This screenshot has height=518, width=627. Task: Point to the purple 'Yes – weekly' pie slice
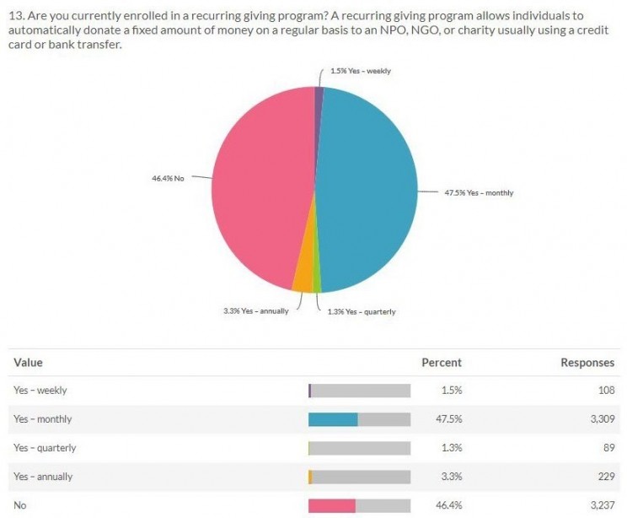click(319, 95)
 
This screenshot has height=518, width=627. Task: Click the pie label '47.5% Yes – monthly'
click(479, 193)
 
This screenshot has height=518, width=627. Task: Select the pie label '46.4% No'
click(168, 178)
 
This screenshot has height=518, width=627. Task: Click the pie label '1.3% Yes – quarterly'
click(362, 311)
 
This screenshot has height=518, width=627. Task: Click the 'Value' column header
click(28, 363)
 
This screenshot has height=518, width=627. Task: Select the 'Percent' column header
click(442, 363)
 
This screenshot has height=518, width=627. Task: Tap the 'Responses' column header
click(587, 363)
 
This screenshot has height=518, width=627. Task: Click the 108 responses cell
click(604, 391)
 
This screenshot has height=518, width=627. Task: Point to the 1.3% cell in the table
click(451, 448)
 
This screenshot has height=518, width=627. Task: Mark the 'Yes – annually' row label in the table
click(43, 477)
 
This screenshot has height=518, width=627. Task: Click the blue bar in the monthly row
click(334, 419)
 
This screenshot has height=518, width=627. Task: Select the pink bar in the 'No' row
click(332, 505)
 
